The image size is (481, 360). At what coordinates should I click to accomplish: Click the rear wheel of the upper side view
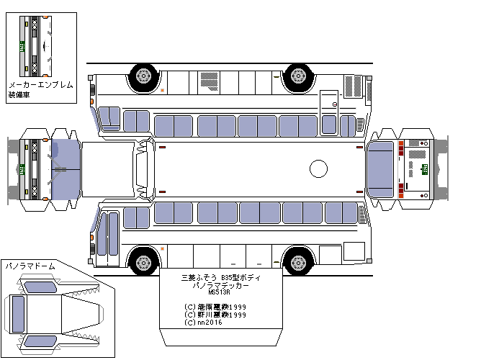tap(297, 76)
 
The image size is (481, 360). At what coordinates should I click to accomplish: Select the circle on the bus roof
tap(318, 168)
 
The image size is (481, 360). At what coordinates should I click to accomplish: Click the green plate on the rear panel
tap(425, 168)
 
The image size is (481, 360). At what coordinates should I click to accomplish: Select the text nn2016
tap(207, 322)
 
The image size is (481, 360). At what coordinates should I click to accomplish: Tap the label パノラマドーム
tap(30, 266)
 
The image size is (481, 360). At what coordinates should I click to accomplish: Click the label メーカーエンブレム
tap(40, 85)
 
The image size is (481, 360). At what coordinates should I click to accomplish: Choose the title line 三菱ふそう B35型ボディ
tap(220, 277)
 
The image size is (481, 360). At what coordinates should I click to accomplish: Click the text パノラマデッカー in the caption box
tap(220, 285)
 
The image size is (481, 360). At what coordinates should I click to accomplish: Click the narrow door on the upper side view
tap(329, 112)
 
